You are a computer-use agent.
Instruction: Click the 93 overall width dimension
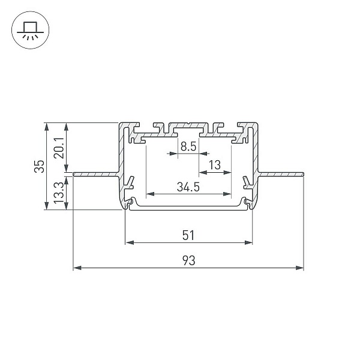(x=189, y=260)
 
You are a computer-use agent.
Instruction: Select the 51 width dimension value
(x=188, y=235)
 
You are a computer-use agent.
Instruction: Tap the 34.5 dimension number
(x=188, y=187)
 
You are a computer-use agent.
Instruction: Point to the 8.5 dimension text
(x=188, y=146)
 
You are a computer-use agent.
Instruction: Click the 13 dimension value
(x=215, y=165)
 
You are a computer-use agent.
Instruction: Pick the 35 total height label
(x=39, y=166)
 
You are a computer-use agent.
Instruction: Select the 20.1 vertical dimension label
(x=59, y=148)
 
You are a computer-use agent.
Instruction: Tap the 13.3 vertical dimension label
(x=59, y=193)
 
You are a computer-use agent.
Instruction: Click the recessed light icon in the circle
(x=31, y=31)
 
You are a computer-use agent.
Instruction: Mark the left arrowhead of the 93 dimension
(x=77, y=268)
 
